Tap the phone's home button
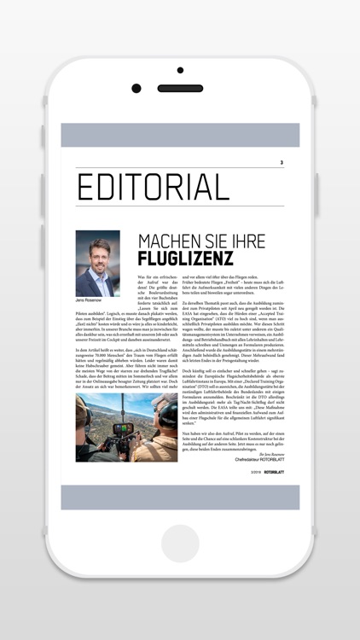click(x=180, y=544)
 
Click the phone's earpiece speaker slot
click(x=180, y=88)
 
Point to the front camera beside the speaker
click(x=136, y=88)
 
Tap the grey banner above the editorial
click(x=180, y=135)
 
